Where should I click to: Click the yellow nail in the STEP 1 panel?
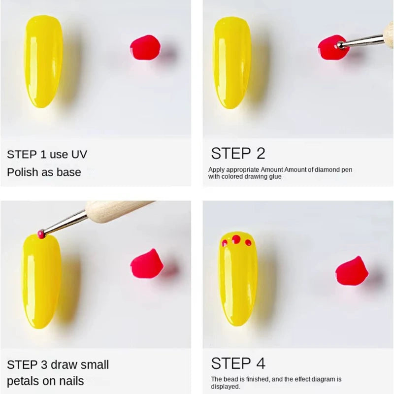coord(43,62)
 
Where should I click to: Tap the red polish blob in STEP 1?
coord(146,47)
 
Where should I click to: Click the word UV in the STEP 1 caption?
coord(78,154)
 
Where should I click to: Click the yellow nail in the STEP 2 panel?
coord(232,62)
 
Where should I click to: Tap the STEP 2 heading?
coord(238,153)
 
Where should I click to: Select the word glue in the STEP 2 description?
coord(274,176)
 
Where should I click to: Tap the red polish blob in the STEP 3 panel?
coord(146,263)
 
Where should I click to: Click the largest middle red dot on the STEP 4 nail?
coord(236,239)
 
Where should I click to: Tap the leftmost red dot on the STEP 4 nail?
coord(225,243)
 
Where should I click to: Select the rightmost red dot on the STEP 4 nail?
coord(248,243)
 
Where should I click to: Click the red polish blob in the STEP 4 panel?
coord(352,271)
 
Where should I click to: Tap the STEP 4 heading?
coord(238,363)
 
